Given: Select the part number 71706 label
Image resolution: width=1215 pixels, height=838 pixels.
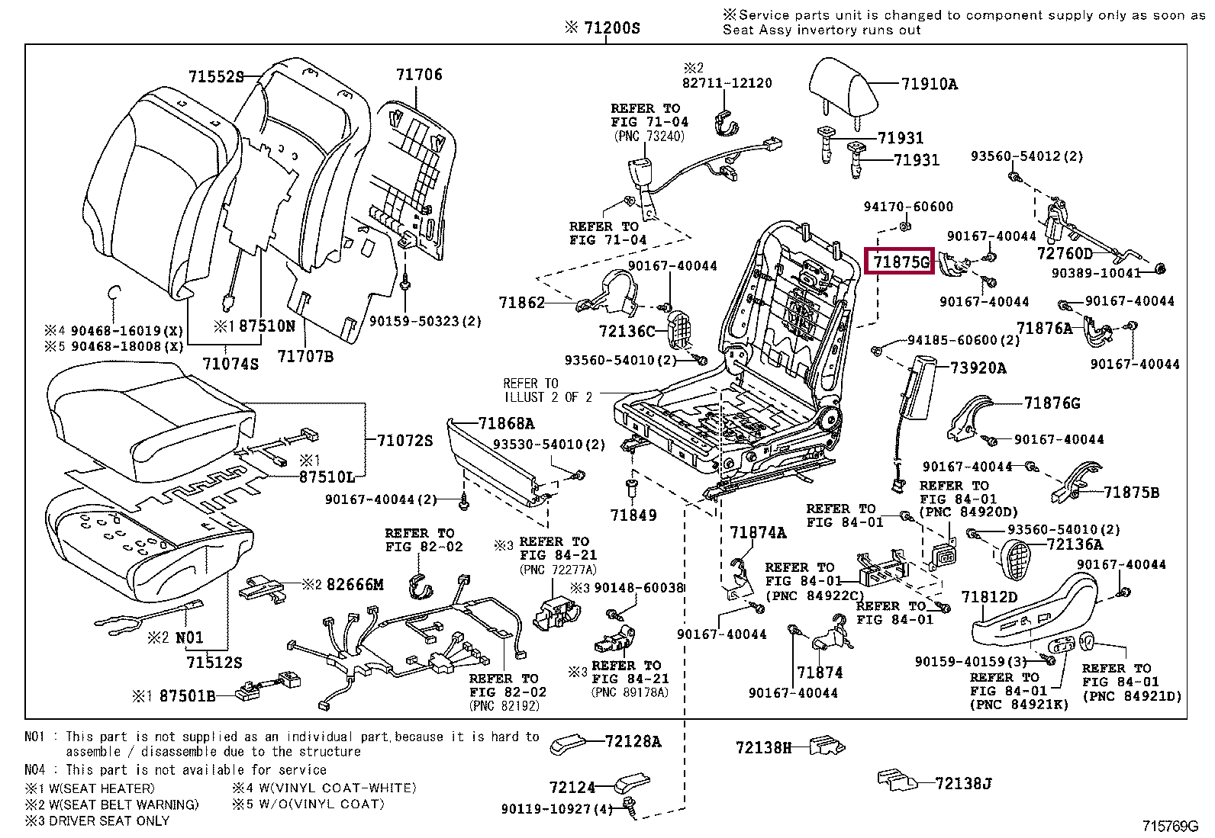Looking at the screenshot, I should [419, 75].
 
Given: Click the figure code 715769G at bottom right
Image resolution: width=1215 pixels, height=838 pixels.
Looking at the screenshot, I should [1170, 826].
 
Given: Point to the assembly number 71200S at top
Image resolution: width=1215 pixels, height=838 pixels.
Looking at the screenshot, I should [602, 29].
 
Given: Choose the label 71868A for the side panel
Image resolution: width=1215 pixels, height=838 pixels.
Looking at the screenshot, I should [506, 424].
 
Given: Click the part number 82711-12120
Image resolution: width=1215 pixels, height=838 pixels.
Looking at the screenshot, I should [727, 83].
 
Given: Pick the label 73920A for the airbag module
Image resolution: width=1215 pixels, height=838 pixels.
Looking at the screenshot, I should [978, 368].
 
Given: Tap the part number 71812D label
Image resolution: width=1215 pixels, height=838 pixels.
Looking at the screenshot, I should [990, 597].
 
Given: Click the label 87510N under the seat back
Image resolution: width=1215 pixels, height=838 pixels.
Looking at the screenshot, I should [260, 326].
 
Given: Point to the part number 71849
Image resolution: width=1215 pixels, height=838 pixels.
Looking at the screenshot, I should [633, 515].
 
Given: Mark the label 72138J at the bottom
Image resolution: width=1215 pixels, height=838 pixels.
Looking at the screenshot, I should [963, 783].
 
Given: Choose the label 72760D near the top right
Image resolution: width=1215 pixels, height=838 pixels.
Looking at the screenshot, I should [1065, 252].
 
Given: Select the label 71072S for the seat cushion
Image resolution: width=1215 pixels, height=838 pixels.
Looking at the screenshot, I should [404, 441].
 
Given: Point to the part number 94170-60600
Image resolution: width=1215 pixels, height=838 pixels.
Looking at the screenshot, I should [908, 207].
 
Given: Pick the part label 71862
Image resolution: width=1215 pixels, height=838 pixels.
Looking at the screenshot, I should [522, 303].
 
